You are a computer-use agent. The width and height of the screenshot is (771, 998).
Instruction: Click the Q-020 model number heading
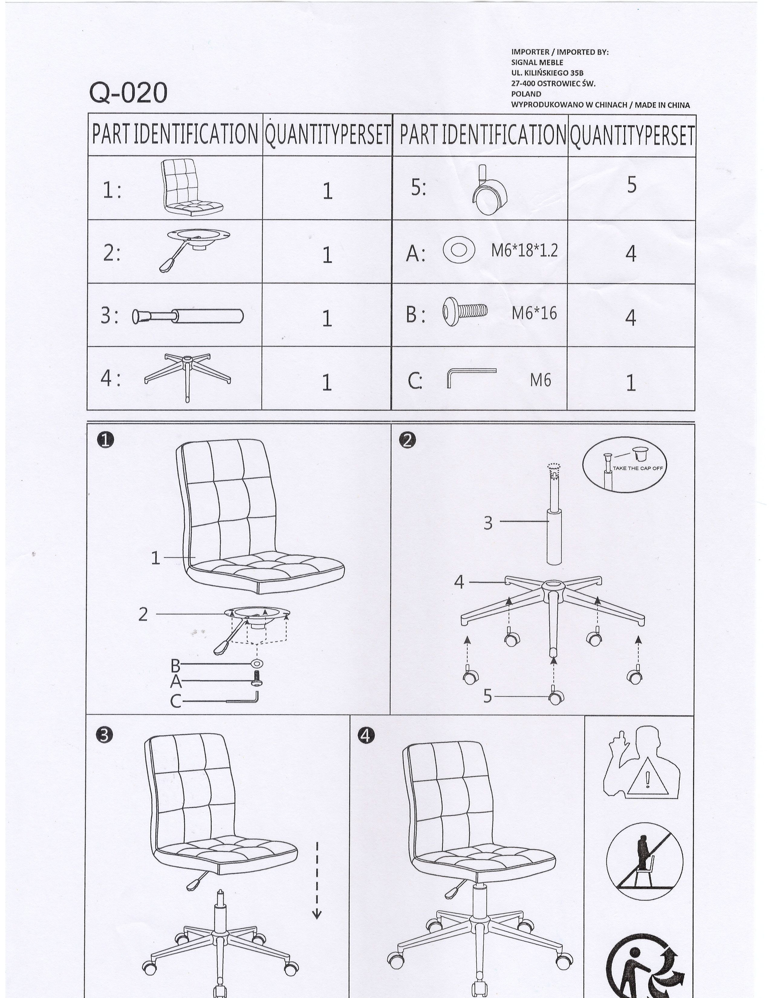point(128,93)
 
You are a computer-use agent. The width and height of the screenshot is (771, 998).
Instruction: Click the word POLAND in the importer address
point(526,94)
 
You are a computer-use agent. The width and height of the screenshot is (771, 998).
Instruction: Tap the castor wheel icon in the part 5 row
point(489,190)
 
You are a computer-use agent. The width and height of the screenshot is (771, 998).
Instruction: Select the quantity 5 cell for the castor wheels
point(631,185)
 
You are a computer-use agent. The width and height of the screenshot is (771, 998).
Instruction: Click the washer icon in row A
point(459,250)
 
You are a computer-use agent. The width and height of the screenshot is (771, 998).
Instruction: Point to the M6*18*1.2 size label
point(524,250)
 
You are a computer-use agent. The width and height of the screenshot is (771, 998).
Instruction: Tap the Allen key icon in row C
point(471,377)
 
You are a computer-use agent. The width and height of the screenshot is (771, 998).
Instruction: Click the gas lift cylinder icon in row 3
point(188,316)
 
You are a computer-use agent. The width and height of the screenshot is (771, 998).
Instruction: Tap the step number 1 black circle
point(106,440)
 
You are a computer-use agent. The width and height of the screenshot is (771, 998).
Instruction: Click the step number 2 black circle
point(407,440)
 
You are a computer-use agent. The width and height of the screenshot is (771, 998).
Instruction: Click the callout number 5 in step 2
point(488,696)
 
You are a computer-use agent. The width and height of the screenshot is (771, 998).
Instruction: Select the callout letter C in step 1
point(175,701)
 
